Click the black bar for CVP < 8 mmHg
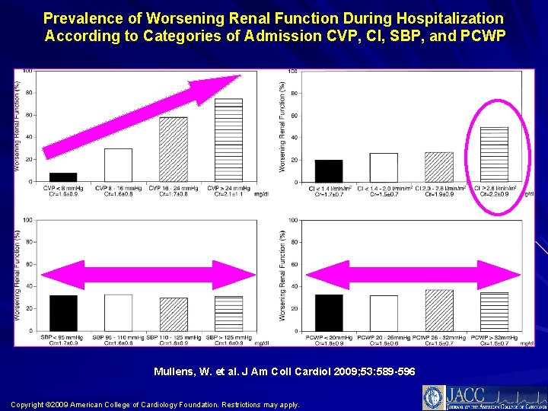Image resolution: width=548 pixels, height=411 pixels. pos(63,177)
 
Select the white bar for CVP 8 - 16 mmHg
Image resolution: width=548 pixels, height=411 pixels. pos(118,165)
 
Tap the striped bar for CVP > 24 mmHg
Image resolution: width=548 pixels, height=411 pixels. pos(228,141)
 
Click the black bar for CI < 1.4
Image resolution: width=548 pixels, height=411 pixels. pos(328,170)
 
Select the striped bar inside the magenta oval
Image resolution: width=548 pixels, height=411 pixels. pos(494,155)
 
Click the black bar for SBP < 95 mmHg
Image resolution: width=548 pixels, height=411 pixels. pos(63,313)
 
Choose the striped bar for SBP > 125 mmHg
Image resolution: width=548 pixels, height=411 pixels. pos(228,314)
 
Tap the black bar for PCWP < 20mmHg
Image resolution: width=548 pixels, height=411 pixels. pos(328,313)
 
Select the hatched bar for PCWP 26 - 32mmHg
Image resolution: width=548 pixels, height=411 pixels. pos(439,311)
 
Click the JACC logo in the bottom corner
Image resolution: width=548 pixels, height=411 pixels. pos(479,397)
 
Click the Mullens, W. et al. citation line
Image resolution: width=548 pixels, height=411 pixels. pos(274,371)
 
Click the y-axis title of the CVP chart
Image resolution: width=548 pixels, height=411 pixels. pos(18,126)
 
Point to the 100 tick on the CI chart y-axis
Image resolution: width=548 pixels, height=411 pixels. pos(293,72)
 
